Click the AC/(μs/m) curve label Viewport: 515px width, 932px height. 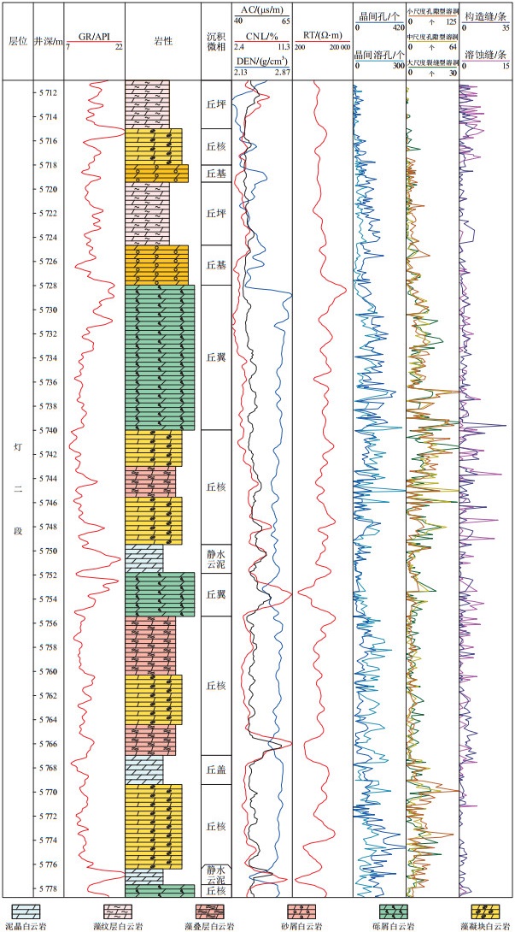(x=261, y=9)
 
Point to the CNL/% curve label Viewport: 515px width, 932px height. (x=261, y=36)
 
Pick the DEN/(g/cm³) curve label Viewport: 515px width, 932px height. (x=261, y=62)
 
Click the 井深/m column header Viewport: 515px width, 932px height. (x=48, y=41)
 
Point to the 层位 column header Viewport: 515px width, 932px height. (x=17, y=41)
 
